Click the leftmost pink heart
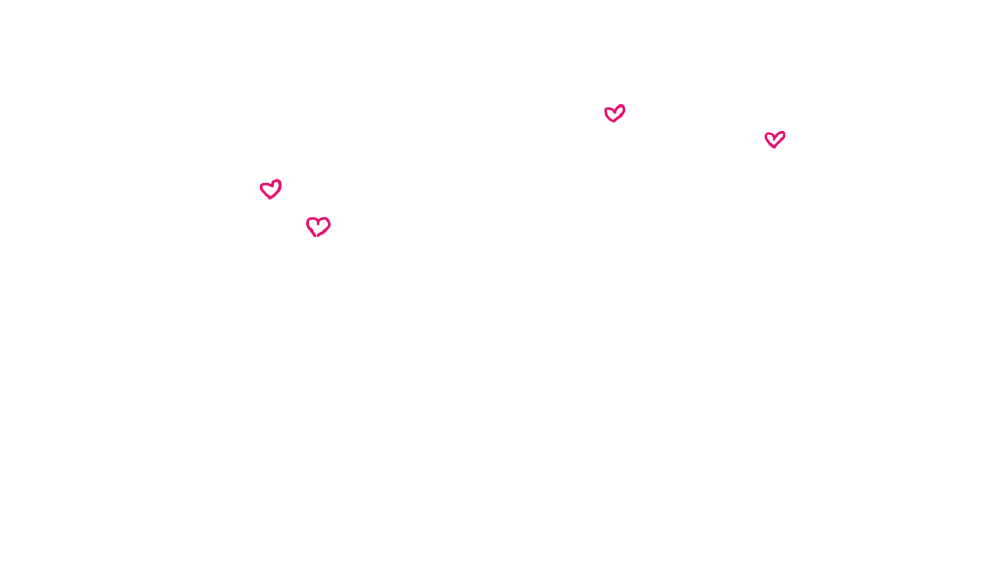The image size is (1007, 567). (271, 189)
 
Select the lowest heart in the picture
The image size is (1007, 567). (318, 227)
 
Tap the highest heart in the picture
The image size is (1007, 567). (615, 113)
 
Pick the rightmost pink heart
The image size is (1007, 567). (775, 139)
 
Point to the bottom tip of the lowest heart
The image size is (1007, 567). (317, 236)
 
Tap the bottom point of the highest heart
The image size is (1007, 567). (614, 122)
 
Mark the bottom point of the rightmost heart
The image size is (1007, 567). (774, 148)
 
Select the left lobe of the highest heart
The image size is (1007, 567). (609, 112)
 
